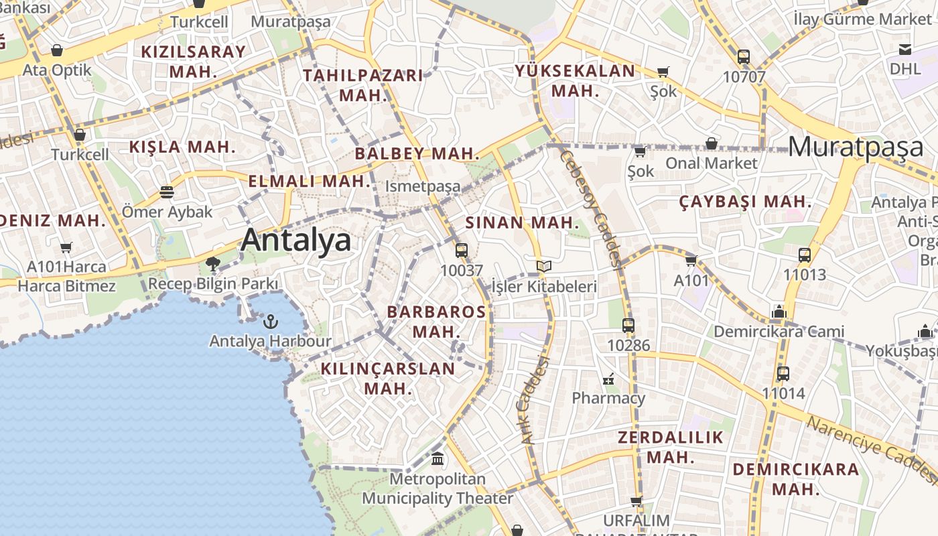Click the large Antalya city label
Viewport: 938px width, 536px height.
click(295, 240)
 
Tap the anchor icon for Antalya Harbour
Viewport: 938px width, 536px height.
click(270, 322)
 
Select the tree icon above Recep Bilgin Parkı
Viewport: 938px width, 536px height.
click(213, 264)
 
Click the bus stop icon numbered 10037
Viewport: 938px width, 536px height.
click(461, 251)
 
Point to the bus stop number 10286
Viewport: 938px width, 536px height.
click(628, 345)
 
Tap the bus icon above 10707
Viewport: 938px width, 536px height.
click(743, 57)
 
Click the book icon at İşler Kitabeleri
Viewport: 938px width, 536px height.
click(544, 267)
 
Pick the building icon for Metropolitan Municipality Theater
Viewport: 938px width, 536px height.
click(438, 460)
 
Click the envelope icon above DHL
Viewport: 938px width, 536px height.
click(905, 49)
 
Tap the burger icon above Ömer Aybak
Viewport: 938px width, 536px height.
click(167, 193)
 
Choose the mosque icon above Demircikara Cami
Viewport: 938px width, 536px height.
click(778, 312)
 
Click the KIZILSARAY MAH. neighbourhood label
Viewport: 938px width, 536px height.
click(193, 61)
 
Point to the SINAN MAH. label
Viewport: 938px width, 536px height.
click(522, 223)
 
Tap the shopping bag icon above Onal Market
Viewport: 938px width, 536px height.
click(711, 143)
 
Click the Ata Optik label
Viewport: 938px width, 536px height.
click(57, 70)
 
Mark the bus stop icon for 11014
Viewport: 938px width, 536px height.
click(783, 374)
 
